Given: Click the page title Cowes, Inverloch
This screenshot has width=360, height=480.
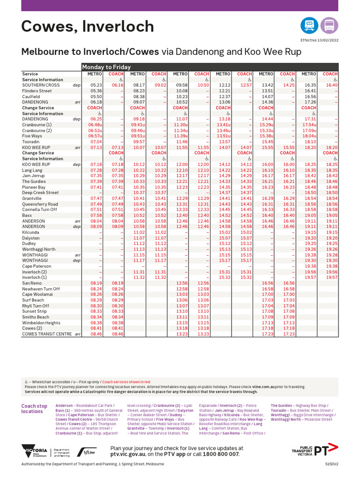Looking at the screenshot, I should click(x=87, y=27).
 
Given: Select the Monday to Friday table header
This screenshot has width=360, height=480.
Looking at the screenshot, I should click(x=107, y=67).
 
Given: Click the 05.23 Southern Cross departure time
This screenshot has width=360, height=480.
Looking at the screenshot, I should click(x=96, y=85).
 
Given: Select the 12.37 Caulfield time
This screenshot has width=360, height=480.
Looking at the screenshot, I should click(x=225, y=97).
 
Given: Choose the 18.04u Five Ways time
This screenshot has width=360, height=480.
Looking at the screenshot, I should click(x=309, y=136).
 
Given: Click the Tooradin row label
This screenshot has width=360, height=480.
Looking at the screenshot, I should click(x=31, y=142).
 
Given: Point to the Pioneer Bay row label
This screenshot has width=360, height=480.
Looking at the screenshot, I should click(x=34, y=187).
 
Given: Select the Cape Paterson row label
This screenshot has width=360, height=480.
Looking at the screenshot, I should click(x=37, y=266).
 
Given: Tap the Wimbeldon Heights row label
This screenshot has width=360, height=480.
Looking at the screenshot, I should click(x=41, y=323).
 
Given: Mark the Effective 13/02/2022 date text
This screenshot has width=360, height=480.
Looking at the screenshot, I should click(x=319, y=41).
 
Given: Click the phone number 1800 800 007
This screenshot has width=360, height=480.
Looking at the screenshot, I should click(x=221, y=454).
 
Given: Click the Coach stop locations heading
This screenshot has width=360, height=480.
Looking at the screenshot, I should click(x=34, y=409).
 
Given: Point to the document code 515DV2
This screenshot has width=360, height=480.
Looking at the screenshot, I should click(x=331, y=464).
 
